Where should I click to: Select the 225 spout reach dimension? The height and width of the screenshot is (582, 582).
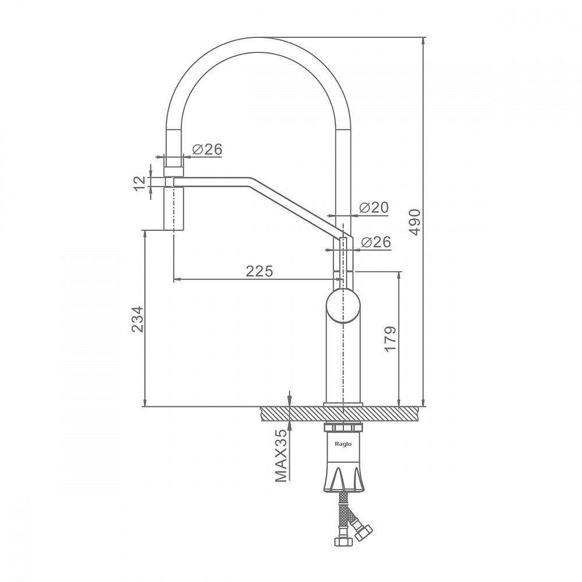(259, 271)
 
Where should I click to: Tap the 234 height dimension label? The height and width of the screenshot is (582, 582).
(137, 319)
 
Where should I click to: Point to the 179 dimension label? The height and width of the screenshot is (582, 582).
(390, 339)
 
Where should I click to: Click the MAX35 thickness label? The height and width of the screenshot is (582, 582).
(281, 455)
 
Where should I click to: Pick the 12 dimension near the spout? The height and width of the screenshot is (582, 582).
(140, 183)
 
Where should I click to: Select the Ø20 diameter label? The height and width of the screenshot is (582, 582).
(374, 208)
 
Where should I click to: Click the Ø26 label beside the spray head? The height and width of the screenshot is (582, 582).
(207, 149)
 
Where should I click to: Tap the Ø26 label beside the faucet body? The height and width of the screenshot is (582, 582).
(376, 242)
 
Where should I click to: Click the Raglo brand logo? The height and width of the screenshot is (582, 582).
(343, 443)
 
